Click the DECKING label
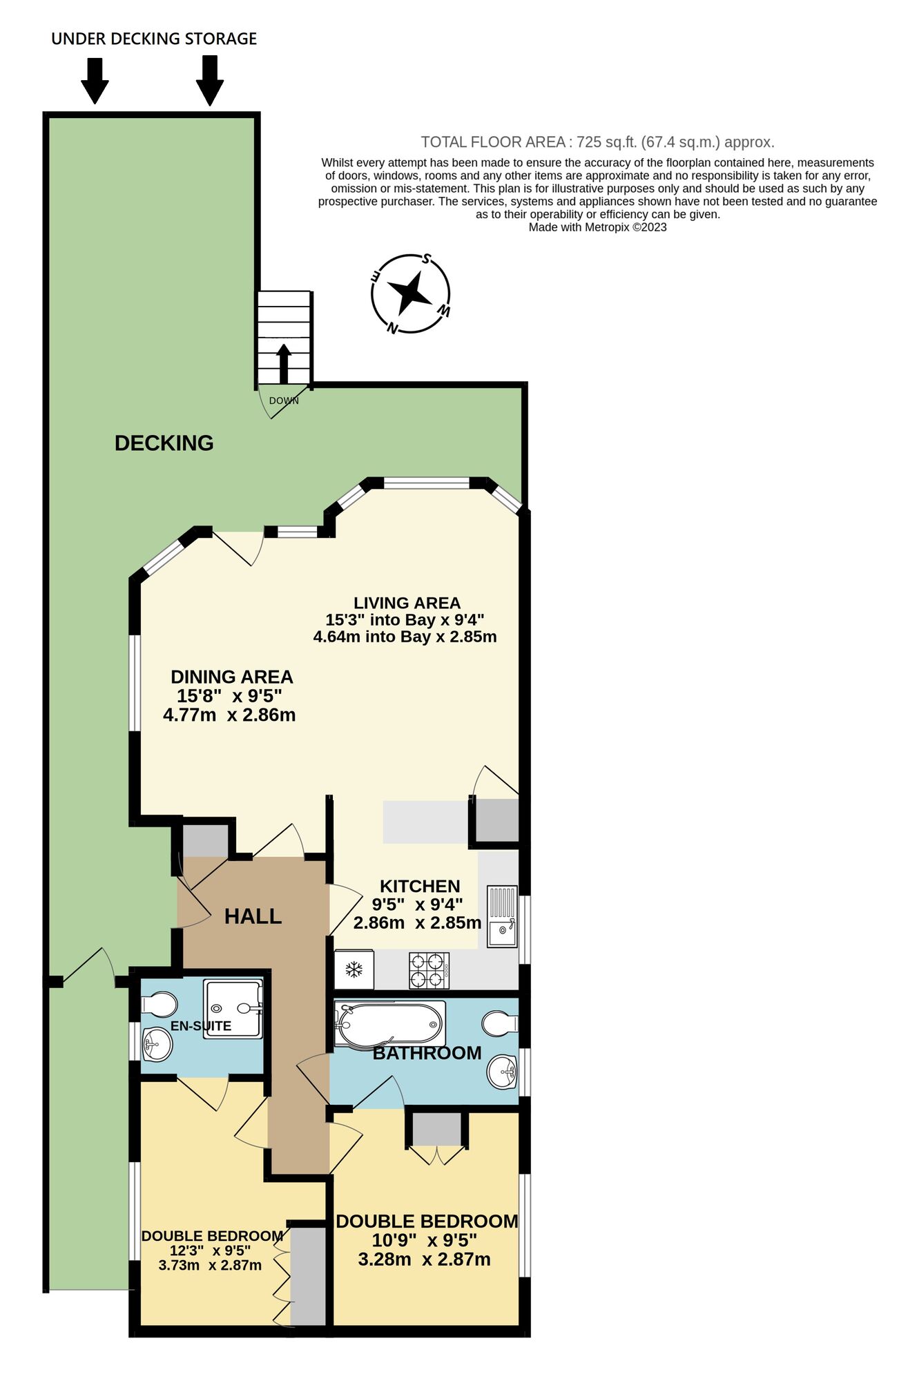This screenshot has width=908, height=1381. (164, 443)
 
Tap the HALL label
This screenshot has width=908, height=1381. (253, 916)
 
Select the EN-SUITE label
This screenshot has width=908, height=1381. (201, 1026)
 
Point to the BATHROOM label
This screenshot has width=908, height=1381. (427, 1053)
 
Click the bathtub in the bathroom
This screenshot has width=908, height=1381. (389, 1023)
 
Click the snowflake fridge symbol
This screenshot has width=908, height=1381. (354, 969)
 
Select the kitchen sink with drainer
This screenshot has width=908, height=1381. (502, 916)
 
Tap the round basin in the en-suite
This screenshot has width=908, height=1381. (157, 1045)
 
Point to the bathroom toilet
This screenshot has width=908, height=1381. (500, 1024)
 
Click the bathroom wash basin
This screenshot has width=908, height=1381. (503, 1072)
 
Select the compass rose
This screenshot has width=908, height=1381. (411, 293)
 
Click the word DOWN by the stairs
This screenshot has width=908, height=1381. (284, 400)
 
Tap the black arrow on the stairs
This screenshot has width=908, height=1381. (284, 363)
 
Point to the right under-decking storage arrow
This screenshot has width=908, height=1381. (210, 81)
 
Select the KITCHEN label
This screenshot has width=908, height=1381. (420, 886)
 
